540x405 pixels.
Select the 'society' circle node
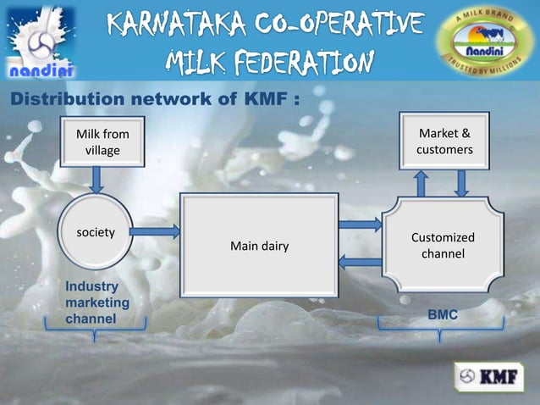pyautogui.click(x=96, y=231)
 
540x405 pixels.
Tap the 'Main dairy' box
pyautogui.click(x=259, y=246)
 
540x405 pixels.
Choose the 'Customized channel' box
pyautogui.click(x=443, y=246)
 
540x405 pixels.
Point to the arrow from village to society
pyautogui.click(x=97, y=180)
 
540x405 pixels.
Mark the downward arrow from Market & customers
pyautogui.click(x=462, y=182)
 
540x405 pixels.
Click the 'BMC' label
pyautogui.click(x=443, y=314)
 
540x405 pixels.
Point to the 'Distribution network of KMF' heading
pyautogui.click(x=153, y=99)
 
